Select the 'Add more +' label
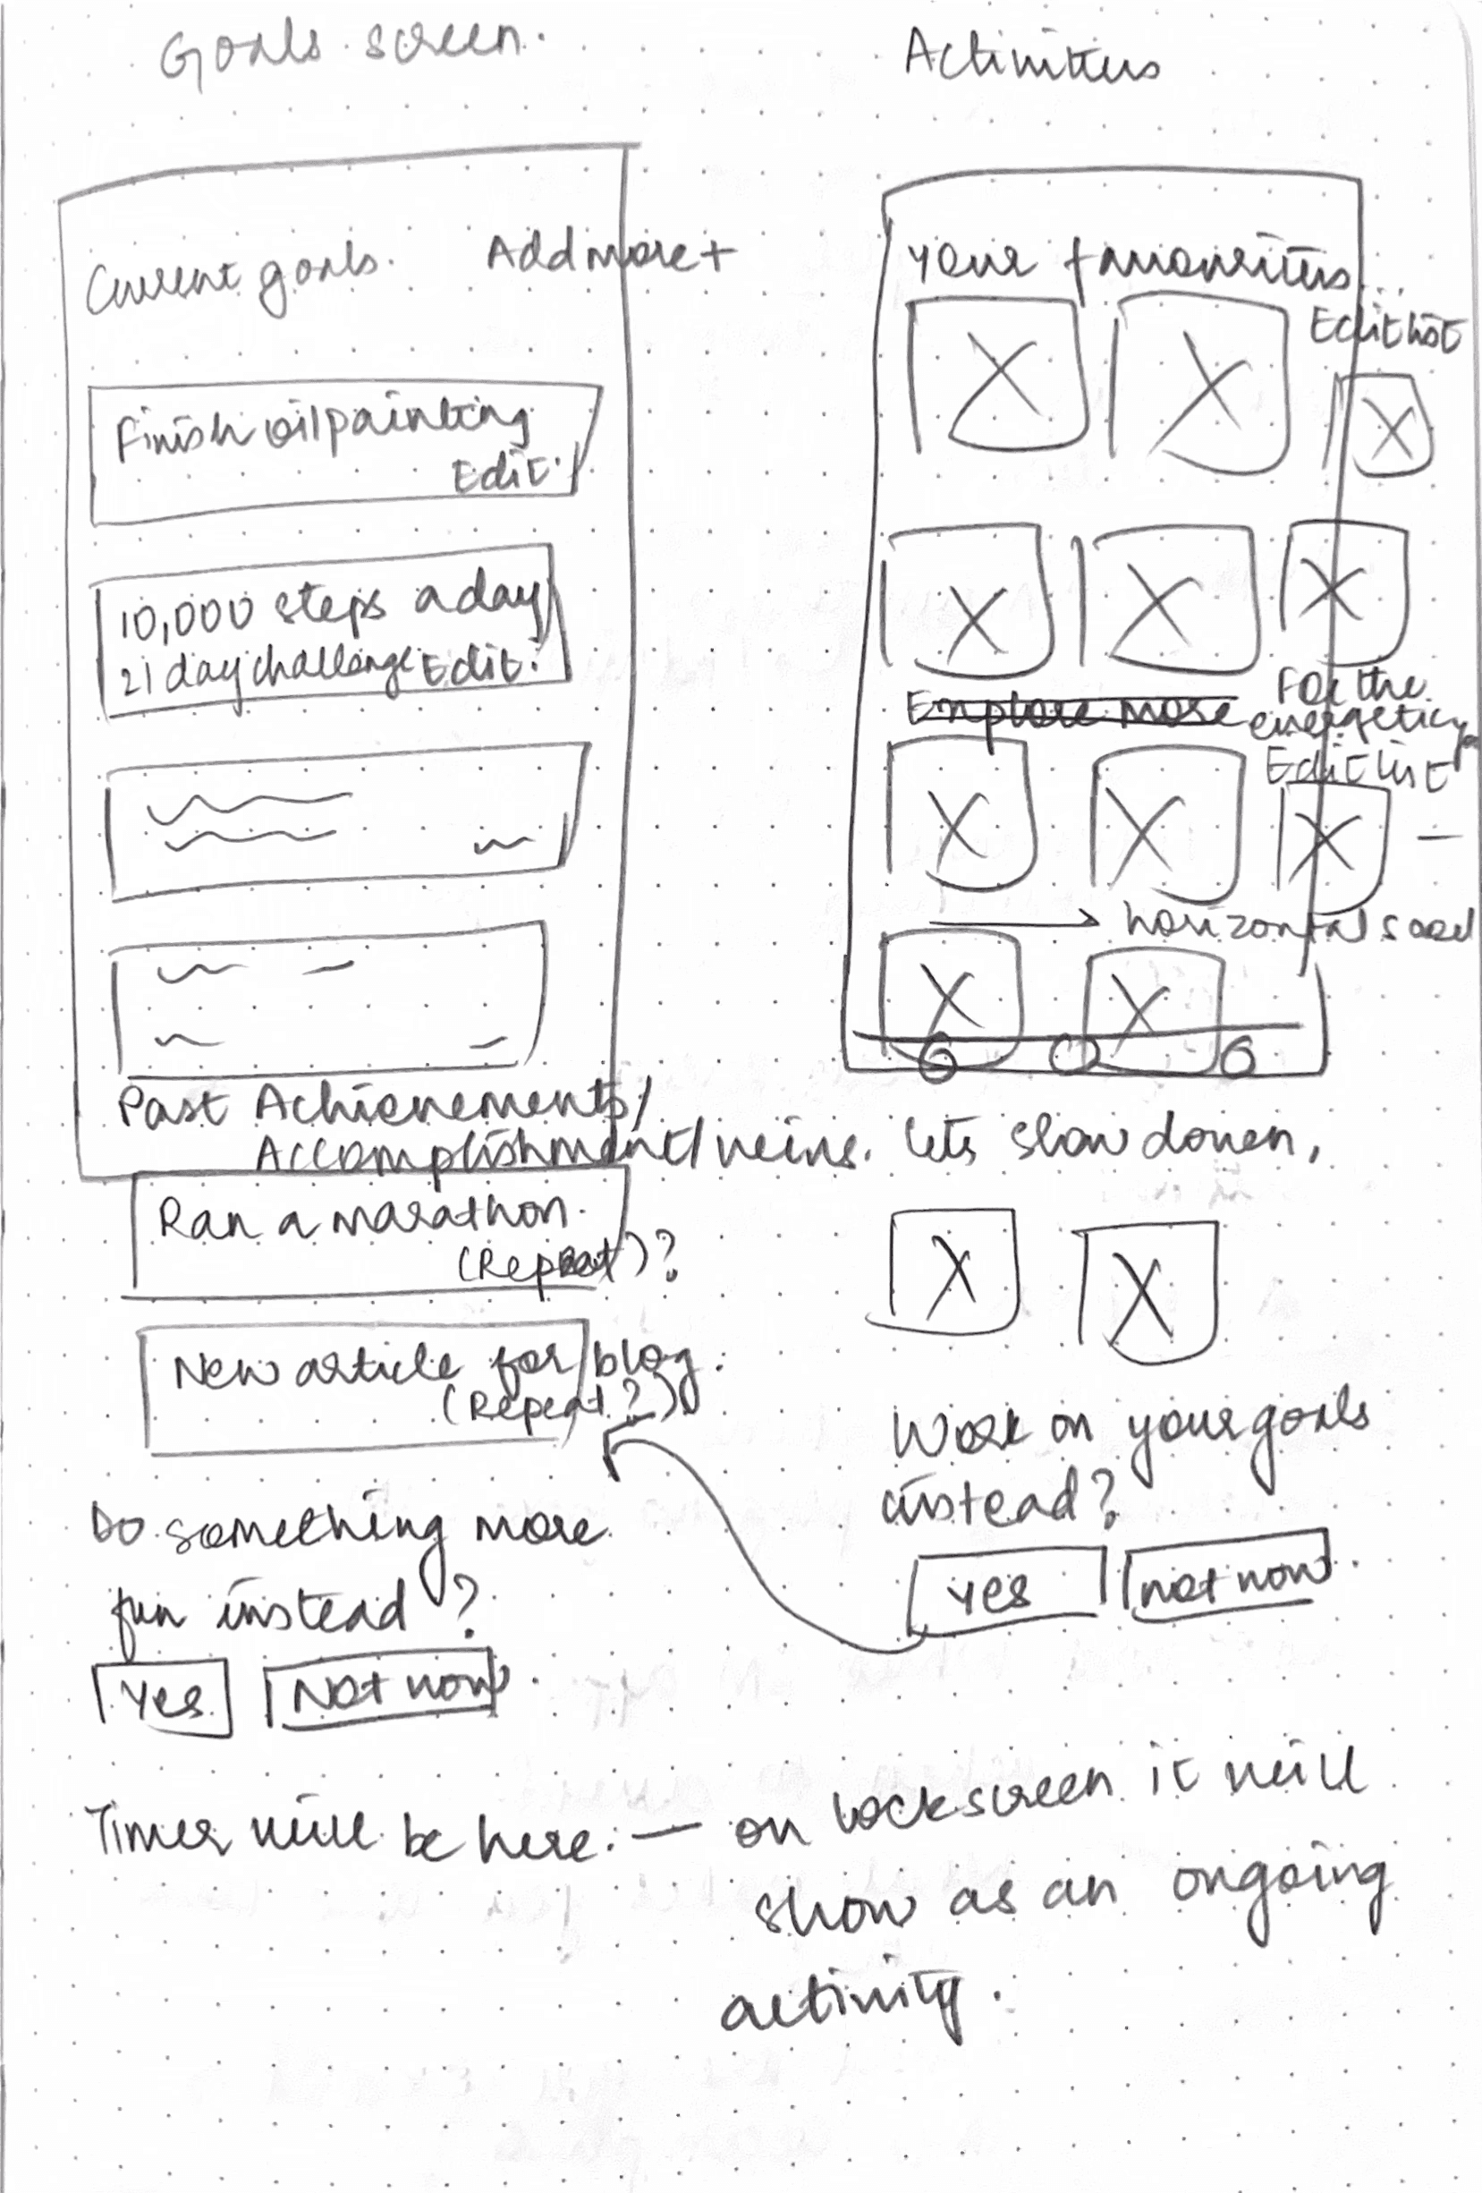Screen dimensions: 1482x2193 (608, 256)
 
